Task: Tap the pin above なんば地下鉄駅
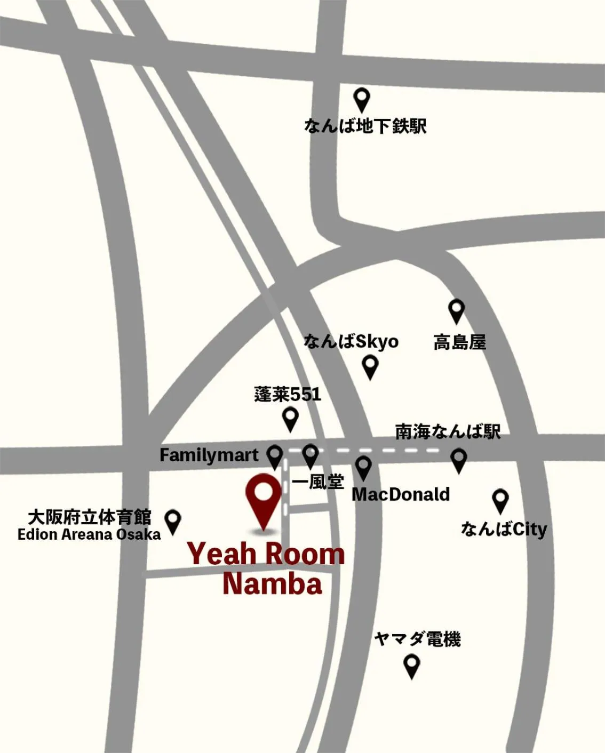362,99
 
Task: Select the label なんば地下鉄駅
365,126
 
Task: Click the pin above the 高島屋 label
456,310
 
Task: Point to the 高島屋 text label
459,342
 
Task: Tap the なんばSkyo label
351,341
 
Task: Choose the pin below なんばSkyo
370,366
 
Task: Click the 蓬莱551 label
288,395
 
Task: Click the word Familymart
209,455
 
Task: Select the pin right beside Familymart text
274,456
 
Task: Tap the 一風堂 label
318,482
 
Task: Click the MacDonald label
401,494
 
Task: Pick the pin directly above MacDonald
363,467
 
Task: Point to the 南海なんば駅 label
448,431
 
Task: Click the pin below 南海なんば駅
459,459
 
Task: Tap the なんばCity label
504,529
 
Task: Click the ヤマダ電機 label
417,638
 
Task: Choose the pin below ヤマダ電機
411,665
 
